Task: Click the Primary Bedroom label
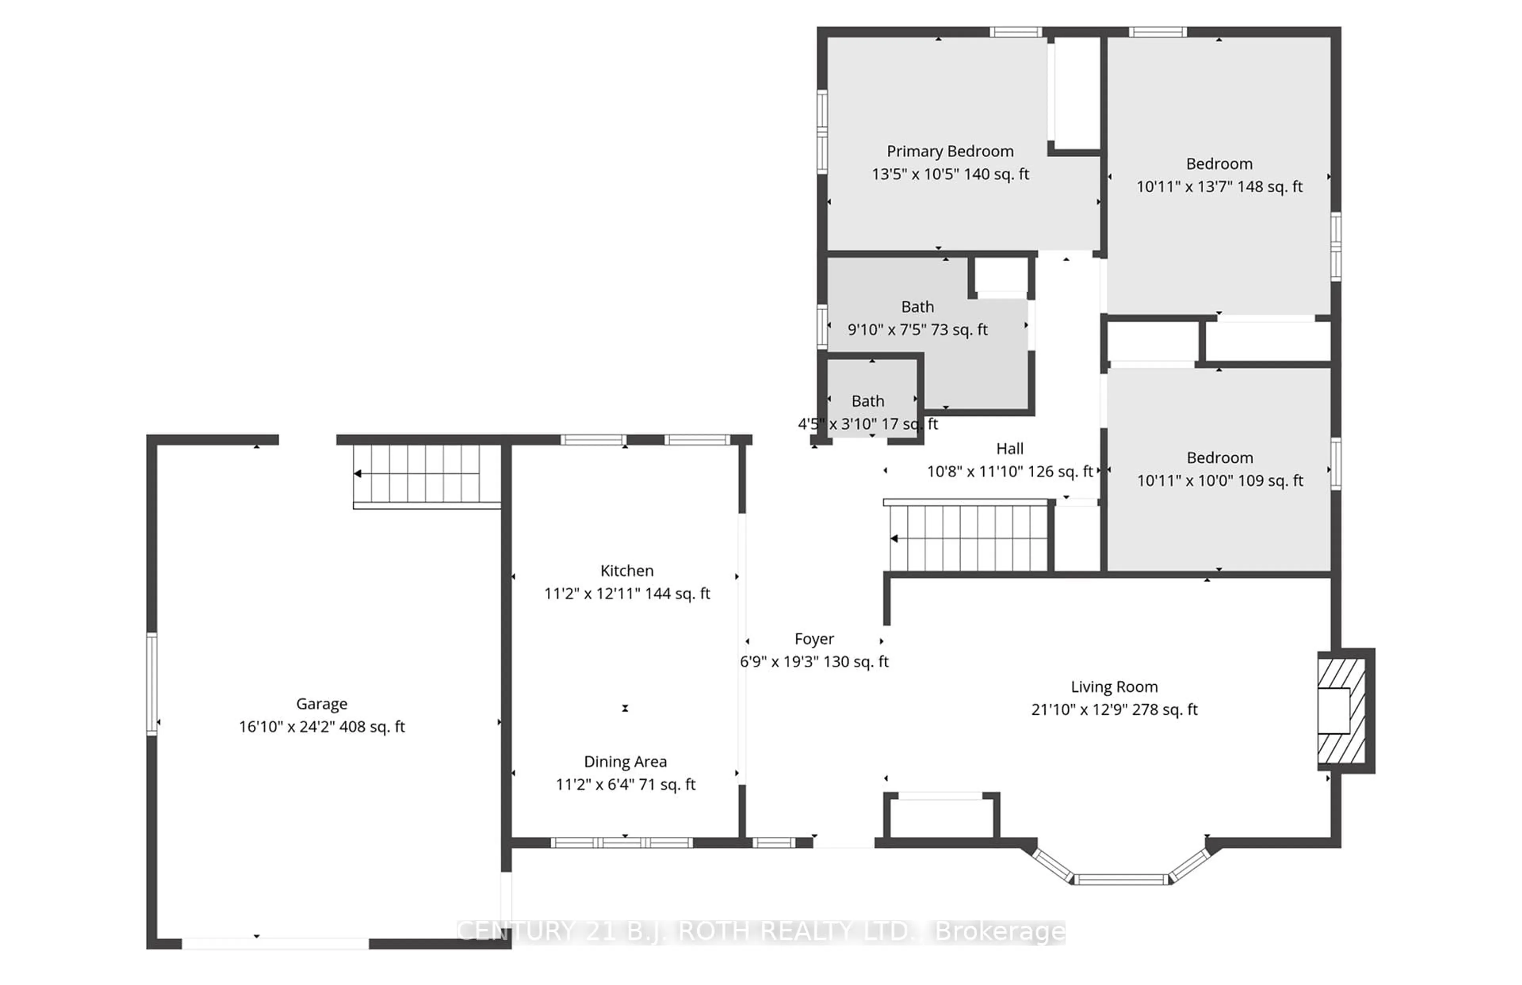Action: (950, 151)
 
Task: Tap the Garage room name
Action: (322, 704)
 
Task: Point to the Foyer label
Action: (814, 639)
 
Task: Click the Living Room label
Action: (1114, 687)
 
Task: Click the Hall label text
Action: (1010, 449)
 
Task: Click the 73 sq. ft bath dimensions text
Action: (917, 330)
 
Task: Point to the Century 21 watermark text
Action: (761, 931)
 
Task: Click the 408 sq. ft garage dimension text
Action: (322, 727)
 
